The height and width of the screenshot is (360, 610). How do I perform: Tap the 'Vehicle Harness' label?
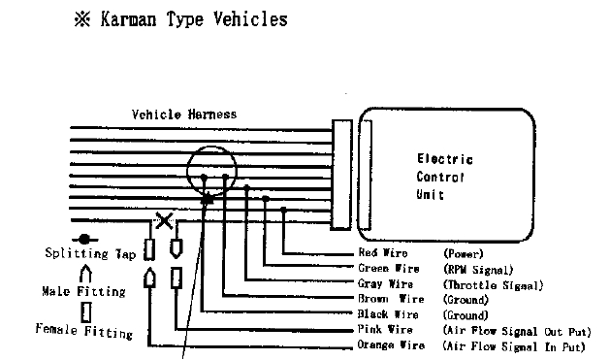coord(184,114)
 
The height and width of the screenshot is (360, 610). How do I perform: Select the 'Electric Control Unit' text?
coord(444,177)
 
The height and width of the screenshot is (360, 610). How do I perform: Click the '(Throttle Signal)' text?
coord(493,284)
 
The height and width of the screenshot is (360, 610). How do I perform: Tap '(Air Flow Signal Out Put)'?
coord(515,331)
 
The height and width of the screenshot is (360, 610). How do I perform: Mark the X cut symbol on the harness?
coord(165,219)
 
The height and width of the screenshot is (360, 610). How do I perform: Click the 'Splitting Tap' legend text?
coord(89,254)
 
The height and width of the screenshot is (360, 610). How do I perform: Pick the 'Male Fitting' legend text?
coord(83,290)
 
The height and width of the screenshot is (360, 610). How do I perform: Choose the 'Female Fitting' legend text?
coord(83,331)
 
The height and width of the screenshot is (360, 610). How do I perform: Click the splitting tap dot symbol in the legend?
coord(85,238)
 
